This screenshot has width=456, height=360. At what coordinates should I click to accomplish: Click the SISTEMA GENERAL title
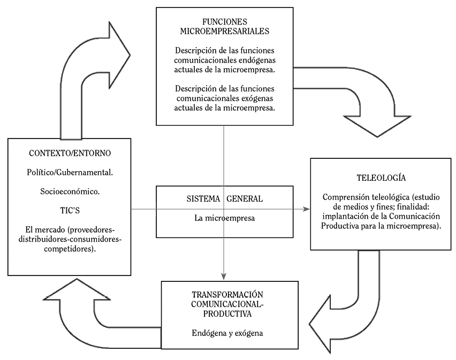224,198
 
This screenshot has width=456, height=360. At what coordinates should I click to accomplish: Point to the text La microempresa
224,218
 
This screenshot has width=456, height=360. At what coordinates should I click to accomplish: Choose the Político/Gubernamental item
70,174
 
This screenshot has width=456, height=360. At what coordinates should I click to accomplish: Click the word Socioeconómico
70,192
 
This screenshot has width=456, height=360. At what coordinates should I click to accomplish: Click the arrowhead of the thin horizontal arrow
307,210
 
